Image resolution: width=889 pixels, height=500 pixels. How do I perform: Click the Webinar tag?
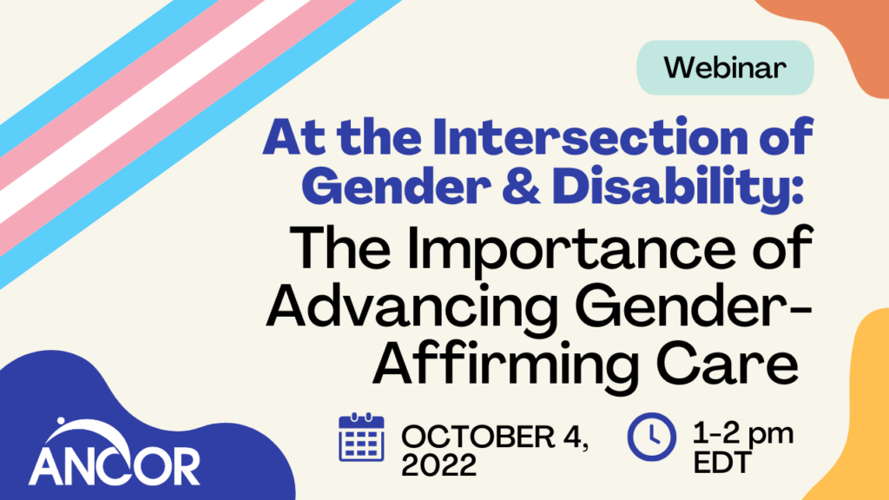pyautogui.click(x=726, y=67)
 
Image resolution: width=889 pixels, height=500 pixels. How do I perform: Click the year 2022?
pyautogui.click(x=438, y=466)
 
